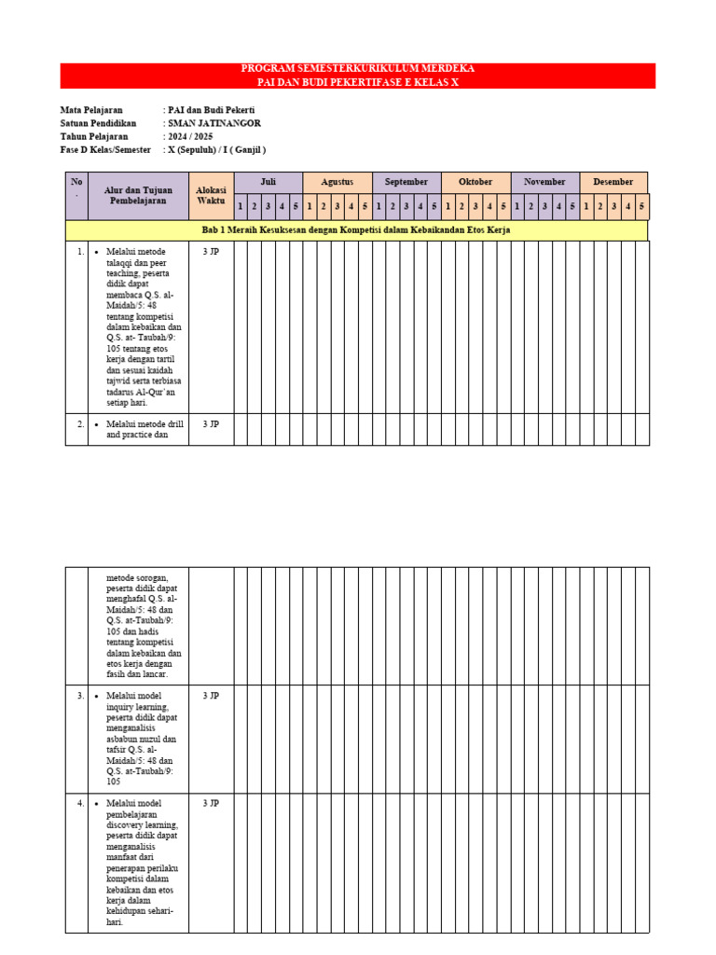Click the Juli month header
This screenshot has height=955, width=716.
coord(268,182)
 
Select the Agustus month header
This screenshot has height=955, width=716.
coord(337,182)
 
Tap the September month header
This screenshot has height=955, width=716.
coord(406,182)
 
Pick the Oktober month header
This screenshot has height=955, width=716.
coord(475,182)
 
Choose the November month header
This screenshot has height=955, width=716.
coord(544,182)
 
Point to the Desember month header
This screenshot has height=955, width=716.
coord(613,182)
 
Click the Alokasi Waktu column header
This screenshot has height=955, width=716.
coord(212,196)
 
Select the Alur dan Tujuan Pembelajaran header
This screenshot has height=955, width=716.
coord(139,196)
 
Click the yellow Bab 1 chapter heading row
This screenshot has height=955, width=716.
coord(356,229)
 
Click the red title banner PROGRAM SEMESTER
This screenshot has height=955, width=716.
coord(358,76)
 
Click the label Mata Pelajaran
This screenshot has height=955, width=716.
coord(91,110)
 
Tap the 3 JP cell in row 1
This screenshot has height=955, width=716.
coord(211,252)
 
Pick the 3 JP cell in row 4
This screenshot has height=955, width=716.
coord(211,803)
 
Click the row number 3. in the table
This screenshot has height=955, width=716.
coord(81,696)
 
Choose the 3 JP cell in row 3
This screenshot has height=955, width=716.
coord(211,696)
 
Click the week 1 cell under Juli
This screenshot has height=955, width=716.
coord(241,206)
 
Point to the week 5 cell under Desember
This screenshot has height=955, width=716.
coord(641,206)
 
